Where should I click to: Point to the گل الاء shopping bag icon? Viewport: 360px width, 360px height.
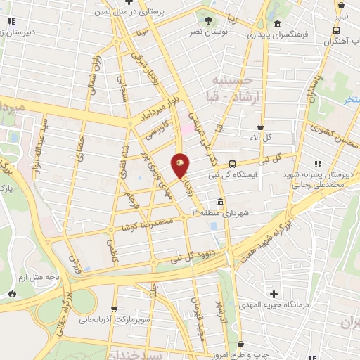pyautogui.click(x=261, y=127)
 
